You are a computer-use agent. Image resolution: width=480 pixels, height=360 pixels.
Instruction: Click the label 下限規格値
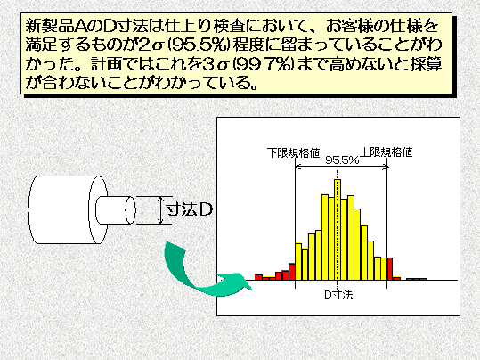(x=293, y=152)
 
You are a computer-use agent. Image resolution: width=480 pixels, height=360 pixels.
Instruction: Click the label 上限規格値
(x=386, y=152)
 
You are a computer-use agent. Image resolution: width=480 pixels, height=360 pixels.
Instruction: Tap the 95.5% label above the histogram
(x=342, y=160)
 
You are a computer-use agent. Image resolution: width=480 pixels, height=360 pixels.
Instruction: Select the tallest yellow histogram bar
(x=338, y=230)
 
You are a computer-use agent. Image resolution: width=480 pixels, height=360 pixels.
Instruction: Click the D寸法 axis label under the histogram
(x=338, y=295)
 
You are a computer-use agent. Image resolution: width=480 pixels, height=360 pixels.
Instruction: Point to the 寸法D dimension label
(x=189, y=210)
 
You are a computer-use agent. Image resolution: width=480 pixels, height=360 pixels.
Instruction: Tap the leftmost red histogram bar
(x=258, y=277)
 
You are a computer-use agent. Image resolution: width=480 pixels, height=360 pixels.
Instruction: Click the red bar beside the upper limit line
(x=390, y=269)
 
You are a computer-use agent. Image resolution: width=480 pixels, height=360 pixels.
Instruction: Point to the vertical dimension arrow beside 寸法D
(x=160, y=210)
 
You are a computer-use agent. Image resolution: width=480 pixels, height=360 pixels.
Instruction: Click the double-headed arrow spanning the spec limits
(x=342, y=167)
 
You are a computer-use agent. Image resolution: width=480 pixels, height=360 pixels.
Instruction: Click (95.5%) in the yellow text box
(x=199, y=45)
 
